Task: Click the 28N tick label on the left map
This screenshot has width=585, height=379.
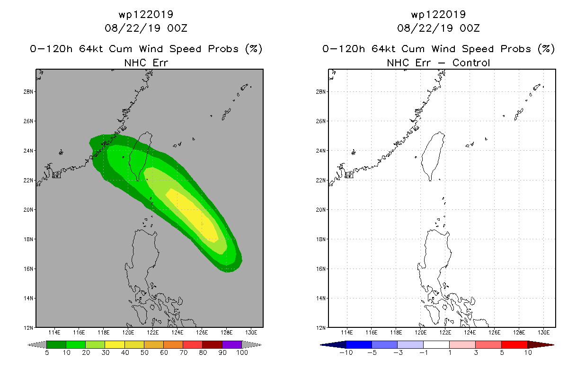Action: [x=28, y=92]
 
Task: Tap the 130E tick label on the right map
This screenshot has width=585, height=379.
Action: [x=543, y=333]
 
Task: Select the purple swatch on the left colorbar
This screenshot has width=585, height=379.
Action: [x=232, y=344]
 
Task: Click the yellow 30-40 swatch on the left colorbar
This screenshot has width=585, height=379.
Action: [x=115, y=344]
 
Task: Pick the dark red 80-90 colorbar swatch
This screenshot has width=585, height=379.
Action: [x=213, y=344]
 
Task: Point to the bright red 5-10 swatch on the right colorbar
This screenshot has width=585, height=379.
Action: [x=514, y=344]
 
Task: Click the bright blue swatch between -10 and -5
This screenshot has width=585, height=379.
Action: [x=359, y=344]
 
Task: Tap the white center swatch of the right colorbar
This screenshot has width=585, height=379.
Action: [x=436, y=344]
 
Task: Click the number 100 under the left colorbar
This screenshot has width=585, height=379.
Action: [x=242, y=352]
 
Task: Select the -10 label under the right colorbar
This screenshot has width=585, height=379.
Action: [x=346, y=352]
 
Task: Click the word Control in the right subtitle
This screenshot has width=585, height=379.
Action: [x=471, y=63]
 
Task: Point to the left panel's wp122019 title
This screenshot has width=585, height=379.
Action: [x=146, y=14]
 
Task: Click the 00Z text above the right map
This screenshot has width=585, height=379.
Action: [x=470, y=28]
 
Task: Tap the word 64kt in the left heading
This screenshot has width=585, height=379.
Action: [x=91, y=49]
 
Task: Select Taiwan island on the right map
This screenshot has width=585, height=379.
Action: [x=432, y=155]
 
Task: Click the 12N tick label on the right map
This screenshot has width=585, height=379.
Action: [x=321, y=328]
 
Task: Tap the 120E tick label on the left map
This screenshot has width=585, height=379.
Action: [x=128, y=333]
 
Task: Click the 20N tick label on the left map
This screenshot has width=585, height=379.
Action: [x=28, y=210]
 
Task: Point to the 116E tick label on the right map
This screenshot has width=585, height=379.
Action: [x=372, y=333]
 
